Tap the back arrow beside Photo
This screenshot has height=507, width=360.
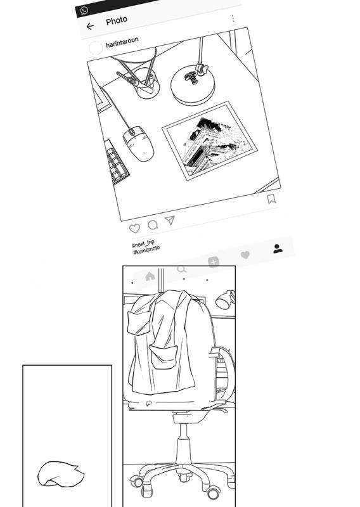[x=90, y=26]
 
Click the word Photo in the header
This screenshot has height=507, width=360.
[x=117, y=21]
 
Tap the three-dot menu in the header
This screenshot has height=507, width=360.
[x=233, y=18]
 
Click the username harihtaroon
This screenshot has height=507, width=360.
[x=122, y=42]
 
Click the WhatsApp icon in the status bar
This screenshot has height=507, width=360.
[x=84, y=11]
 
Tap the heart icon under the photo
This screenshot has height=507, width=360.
[x=134, y=228]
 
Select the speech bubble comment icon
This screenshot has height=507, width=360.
[x=153, y=225]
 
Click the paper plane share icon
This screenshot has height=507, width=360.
[x=170, y=220]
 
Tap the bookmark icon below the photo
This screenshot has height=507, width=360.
[x=271, y=199]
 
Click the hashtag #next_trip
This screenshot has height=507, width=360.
[x=143, y=243]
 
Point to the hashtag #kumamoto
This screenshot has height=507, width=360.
[x=146, y=250]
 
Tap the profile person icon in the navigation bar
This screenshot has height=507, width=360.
[x=278, y=248]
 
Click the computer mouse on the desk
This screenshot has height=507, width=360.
[x=138, y=143]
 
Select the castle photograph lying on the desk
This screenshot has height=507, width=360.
[x=210, y=141]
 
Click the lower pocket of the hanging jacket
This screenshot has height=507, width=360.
[x=164, y=357]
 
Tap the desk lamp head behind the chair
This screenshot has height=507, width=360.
[x=225, y=300]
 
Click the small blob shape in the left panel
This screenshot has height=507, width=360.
[x=61, y=474]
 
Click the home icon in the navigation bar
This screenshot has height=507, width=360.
[x=150, y=276]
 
